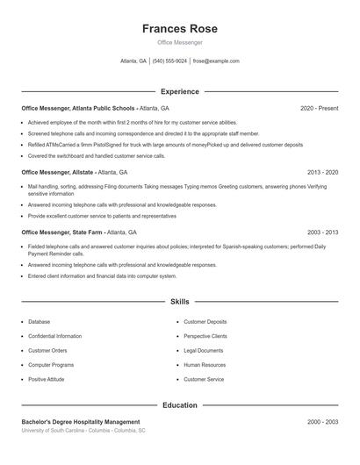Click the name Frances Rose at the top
coord(180,28)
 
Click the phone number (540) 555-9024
coord(169,61)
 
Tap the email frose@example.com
coord(216,61)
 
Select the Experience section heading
coord(180,91)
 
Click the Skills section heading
coord(180,301)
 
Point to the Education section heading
coord(180,405)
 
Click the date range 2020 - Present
coord(319,108)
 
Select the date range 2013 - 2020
coord(322,173)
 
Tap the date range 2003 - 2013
coord(322,232)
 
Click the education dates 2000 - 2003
coord(322,422)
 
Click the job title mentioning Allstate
coord(75,173)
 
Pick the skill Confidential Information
coord(54,336)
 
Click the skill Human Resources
coord(205,364)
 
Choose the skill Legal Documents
coord(204,350)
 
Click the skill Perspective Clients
coord(205,336)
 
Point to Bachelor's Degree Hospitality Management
coord(81,422)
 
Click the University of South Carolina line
coord(83,431)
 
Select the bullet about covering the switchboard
coord(97,155)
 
